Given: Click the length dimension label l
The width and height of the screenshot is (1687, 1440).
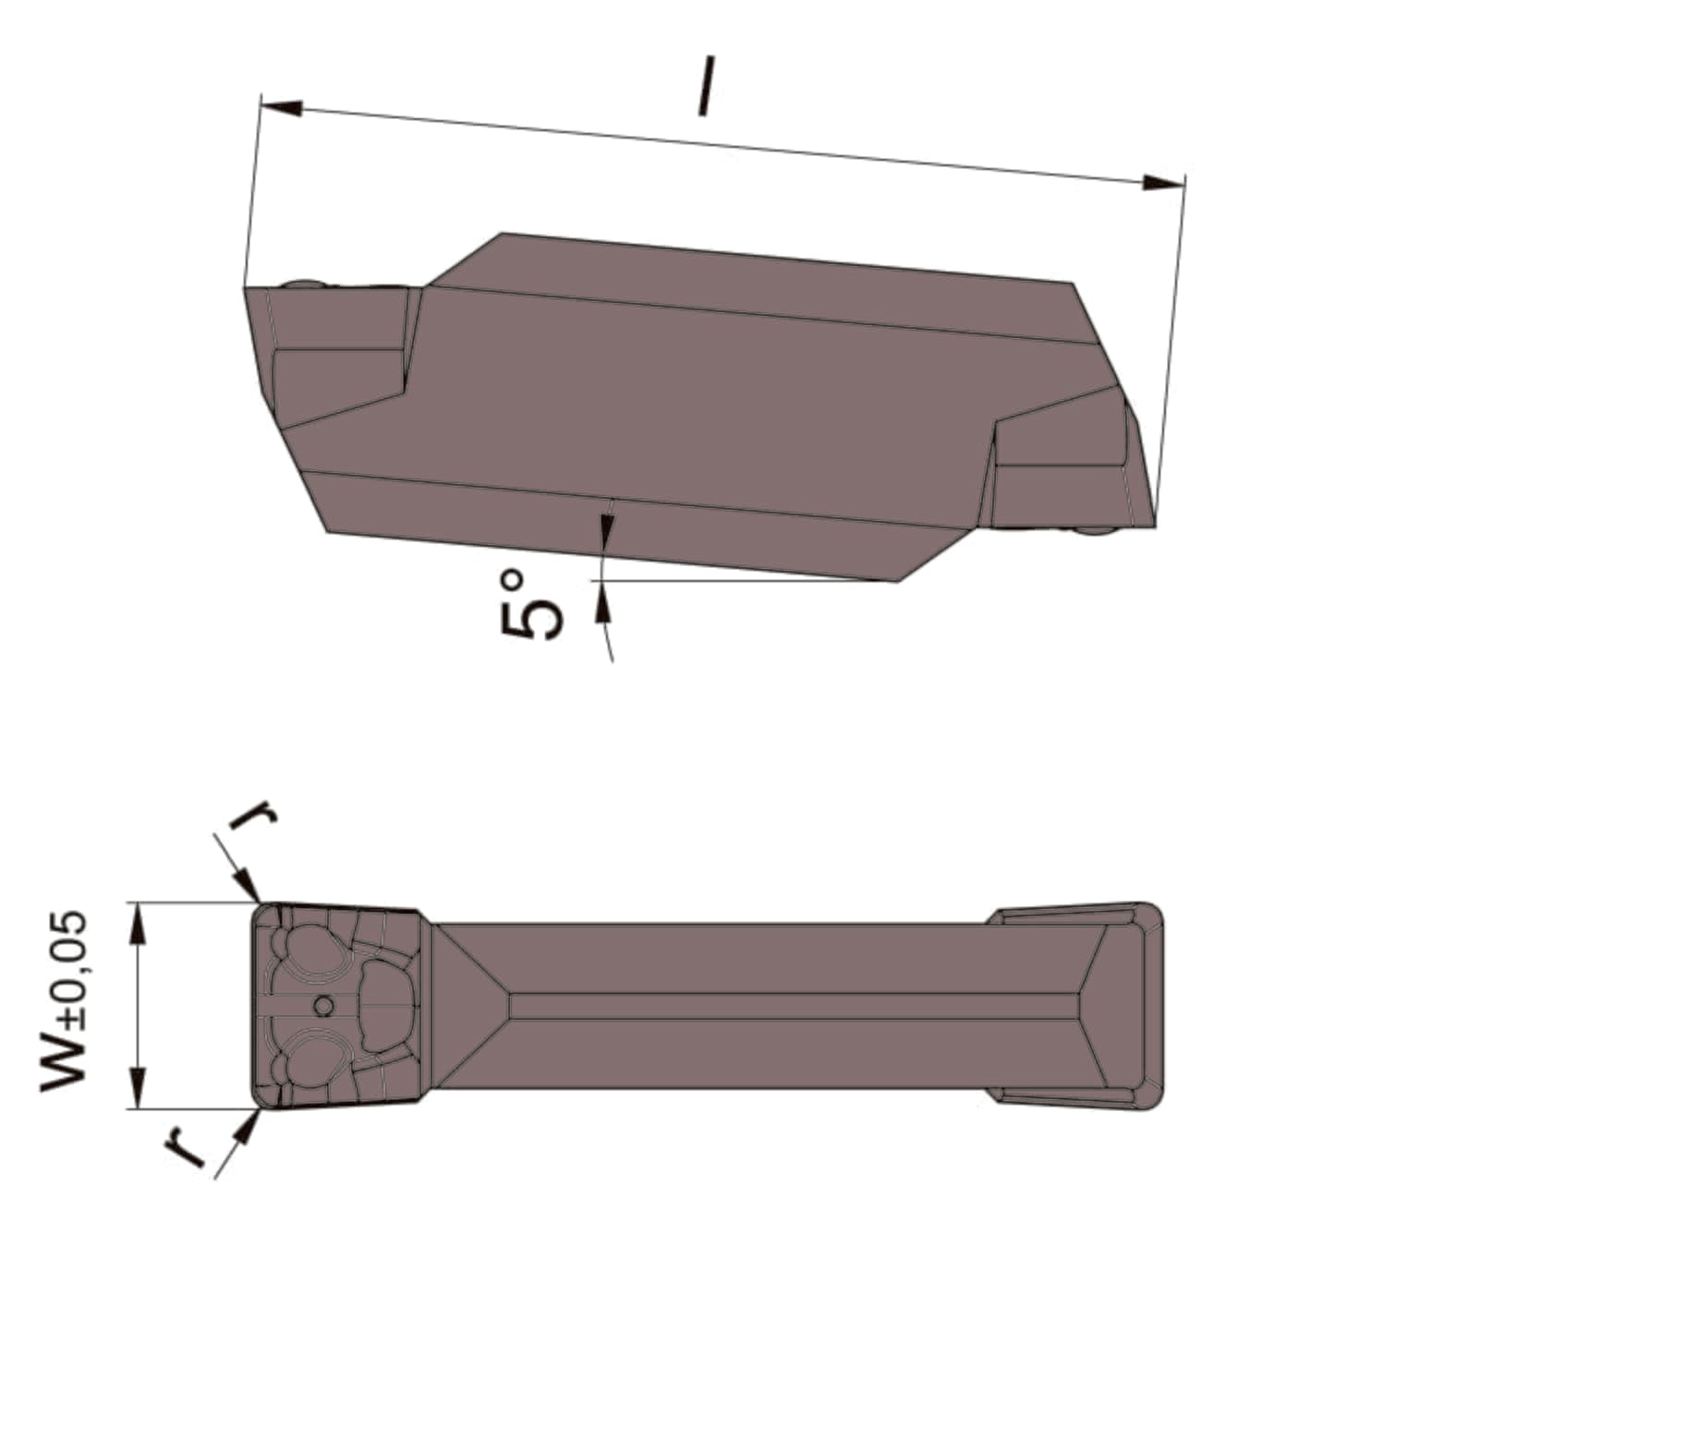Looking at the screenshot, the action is tap(707, 86).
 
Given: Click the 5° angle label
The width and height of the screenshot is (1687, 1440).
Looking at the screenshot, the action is tap(531, 604).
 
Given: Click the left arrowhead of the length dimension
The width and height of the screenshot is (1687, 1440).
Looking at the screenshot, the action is tap(281, 106).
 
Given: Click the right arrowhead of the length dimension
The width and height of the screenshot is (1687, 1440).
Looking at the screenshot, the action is tap(1163, 182).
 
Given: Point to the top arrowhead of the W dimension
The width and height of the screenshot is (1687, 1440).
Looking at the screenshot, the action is tap(138, 923).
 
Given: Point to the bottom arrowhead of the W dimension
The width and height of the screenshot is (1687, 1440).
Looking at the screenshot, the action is tap(138, 1087).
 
